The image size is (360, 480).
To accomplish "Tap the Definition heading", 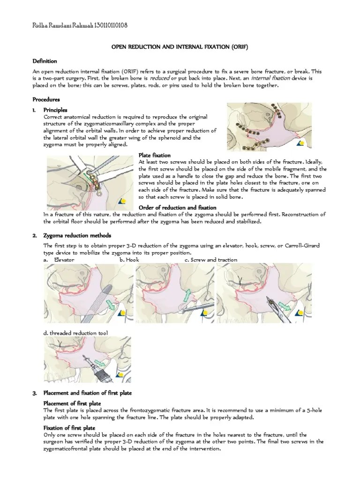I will tap(45, 61).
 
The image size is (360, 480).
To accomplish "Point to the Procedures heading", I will tap(46, 99).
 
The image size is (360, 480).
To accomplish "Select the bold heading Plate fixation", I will tap(155, 155).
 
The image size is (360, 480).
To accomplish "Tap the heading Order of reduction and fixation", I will tap(178, 208).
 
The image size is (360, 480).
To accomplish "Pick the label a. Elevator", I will tap(59, 260).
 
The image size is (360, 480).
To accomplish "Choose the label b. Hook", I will tap(129, 260).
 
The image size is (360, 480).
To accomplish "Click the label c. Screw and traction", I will tap(210, 260).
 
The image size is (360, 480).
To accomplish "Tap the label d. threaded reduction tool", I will tap(75, 333).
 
